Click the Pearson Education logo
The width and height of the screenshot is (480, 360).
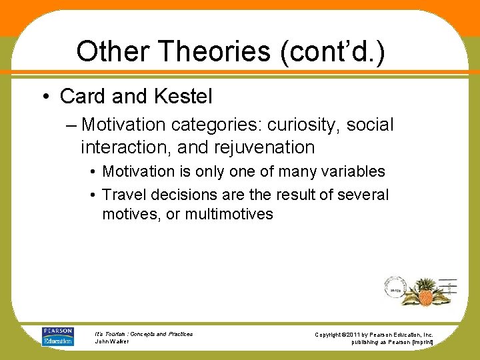click(x=58, y=336)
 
